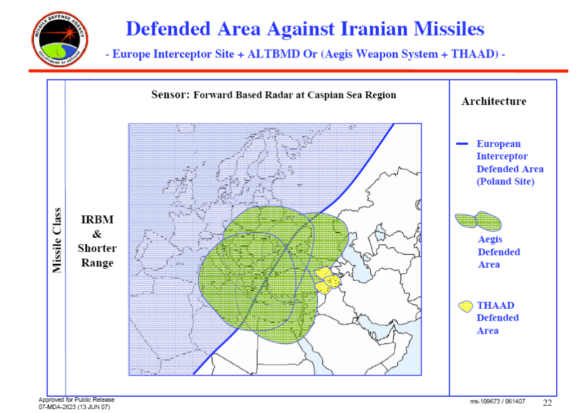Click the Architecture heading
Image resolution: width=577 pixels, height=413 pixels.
coord(494,101)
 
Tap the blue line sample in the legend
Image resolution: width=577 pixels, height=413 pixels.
coord(462,144)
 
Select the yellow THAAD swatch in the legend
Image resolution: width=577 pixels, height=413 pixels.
coord(465,307)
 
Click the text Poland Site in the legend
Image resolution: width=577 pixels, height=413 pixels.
coord(505,181)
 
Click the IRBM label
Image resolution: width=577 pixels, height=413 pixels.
coord(97,220)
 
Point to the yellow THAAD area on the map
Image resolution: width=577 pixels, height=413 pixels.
coord(327,281)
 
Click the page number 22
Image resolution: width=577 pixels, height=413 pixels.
coord(547,402)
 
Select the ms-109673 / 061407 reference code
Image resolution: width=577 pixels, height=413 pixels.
coord(498,402)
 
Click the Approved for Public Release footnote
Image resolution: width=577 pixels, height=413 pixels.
coord(77,399)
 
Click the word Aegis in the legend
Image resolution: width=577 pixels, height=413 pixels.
coord(490,239)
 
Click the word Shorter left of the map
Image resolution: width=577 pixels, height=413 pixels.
coord(97,248)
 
